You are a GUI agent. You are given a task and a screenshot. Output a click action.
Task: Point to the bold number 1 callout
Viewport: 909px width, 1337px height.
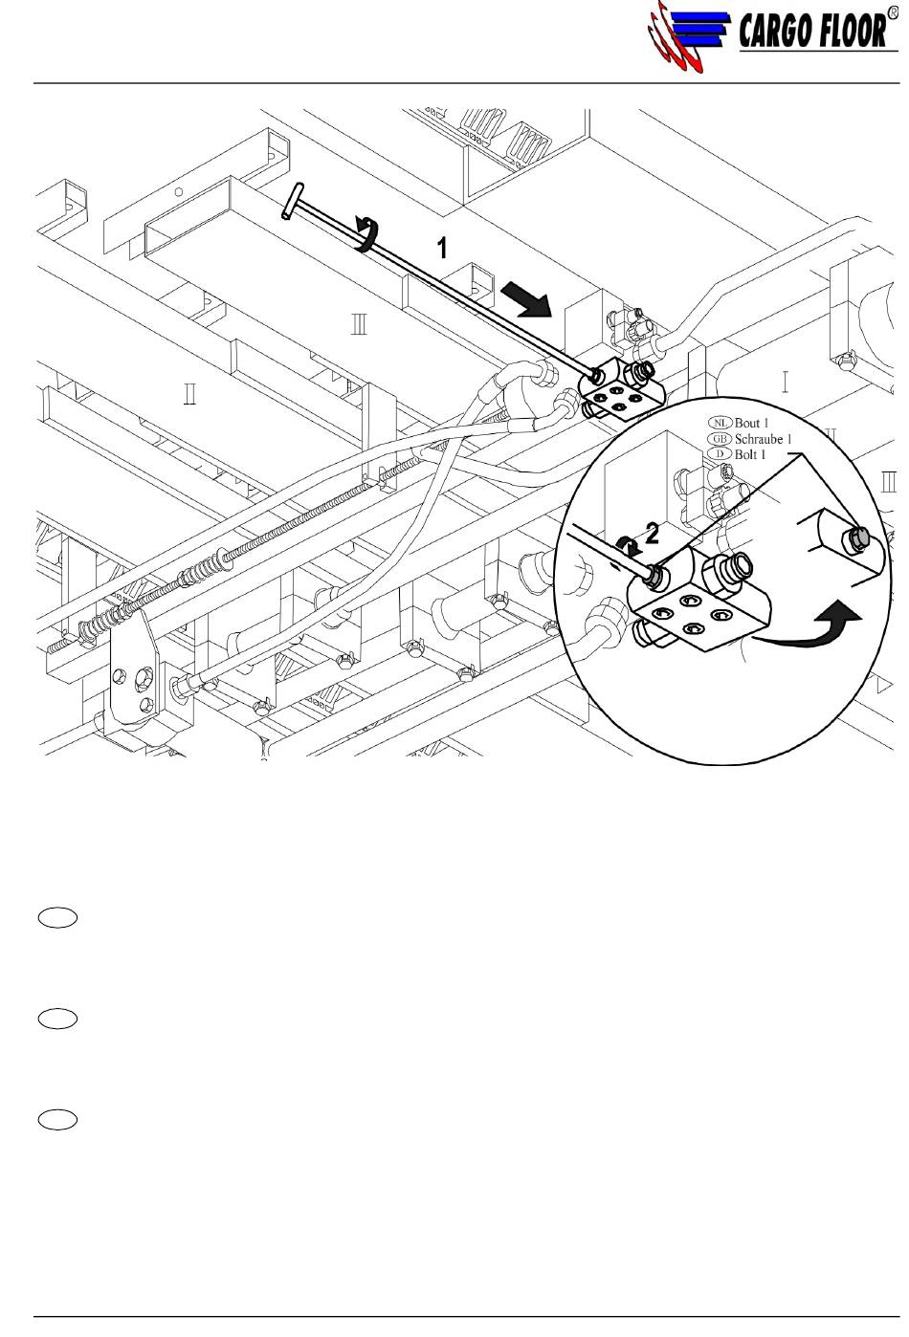pyautogui.click(x=442, y=248)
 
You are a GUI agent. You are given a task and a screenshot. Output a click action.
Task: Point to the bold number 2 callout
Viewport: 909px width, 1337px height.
pyautogui.click(x=652, y=534)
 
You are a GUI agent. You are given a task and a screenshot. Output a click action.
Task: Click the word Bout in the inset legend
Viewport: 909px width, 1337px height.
pyautogui.click(x=747, y=423)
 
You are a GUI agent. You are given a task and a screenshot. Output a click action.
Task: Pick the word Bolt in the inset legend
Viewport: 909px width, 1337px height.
pyautogui.click(x=745, y=455)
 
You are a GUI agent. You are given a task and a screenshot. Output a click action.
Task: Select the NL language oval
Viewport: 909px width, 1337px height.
pyautogui.click(x=721, y=423)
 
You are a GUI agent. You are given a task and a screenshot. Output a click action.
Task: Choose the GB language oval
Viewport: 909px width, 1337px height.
pyautogui.click(x=721, y=439)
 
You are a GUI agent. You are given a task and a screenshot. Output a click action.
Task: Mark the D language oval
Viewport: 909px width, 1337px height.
pyautogui.click(x=721, y=454)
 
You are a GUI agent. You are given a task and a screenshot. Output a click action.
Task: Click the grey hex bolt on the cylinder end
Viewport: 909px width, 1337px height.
pyautogui.click(x=854, y=539)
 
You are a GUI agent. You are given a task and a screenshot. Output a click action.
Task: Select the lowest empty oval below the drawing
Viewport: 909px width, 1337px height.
pyautogui.click(x=57, y=1120)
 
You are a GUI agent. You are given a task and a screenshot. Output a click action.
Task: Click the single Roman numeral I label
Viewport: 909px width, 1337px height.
pyautogui.click(x=785, y=382)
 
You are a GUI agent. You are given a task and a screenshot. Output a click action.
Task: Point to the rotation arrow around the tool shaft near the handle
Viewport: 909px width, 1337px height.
pyautogui.click(x=367, y=234)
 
